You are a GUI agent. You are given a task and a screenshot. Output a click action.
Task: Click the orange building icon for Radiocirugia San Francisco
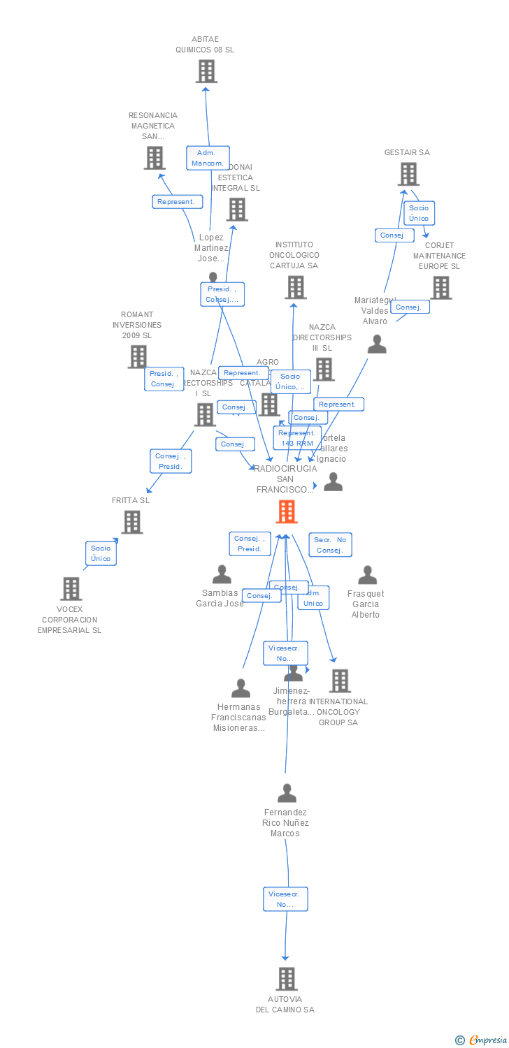[287, 511]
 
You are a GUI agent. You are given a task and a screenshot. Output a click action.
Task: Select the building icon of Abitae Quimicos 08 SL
[206, 71]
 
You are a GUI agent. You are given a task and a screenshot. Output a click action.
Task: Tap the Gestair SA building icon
[408, 174]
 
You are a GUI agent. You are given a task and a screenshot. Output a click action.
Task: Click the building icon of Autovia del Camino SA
[286, 979]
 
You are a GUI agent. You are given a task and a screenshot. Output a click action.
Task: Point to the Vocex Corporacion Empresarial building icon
[71, 589]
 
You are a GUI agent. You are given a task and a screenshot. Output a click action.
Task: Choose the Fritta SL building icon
[132, 522]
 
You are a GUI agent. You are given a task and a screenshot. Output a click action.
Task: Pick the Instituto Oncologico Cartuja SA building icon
[296, 287]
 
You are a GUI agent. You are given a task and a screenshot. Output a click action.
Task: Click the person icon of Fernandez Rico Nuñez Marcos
[287, 794]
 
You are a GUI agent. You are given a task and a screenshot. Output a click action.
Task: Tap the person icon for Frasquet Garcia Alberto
[367, 575]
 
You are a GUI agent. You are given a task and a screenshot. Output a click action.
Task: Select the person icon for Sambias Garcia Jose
[222, 574]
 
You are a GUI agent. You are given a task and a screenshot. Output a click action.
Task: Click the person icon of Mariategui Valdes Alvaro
[377, 344]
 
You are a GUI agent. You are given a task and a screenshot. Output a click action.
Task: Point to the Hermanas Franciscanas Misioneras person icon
[241, 688]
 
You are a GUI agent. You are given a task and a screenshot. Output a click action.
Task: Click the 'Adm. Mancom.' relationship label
[208, 158]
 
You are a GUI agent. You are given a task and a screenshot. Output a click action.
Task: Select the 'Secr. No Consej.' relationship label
[330, 545]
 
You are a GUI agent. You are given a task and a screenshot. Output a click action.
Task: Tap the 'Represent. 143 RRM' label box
[296, 438]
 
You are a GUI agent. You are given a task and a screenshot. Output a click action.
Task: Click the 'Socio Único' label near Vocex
[101, 553]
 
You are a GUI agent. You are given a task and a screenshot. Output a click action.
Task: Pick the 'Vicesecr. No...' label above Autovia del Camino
[285, 899]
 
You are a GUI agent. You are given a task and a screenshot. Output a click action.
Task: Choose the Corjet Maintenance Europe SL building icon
[440, 287]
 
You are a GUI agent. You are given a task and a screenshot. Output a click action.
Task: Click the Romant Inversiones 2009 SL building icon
[138, 357]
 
